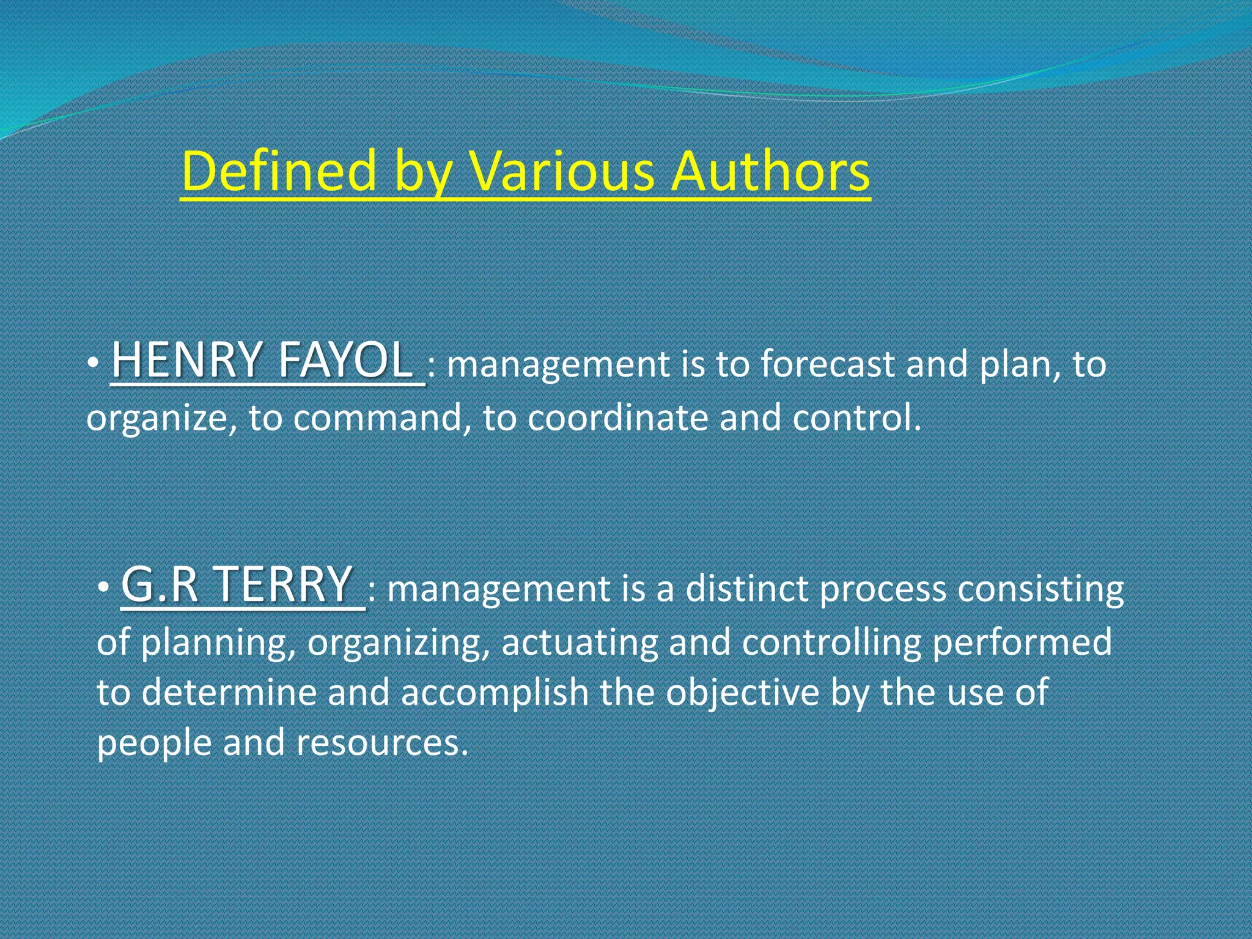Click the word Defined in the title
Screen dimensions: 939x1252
coord(278,172)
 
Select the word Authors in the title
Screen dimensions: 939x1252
coord(770,172)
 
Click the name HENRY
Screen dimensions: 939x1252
coord(186,360)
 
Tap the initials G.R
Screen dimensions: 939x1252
coord(160,584)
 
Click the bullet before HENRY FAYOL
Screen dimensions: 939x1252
coord(91,364)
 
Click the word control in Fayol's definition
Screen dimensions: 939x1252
coord(856,418)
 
